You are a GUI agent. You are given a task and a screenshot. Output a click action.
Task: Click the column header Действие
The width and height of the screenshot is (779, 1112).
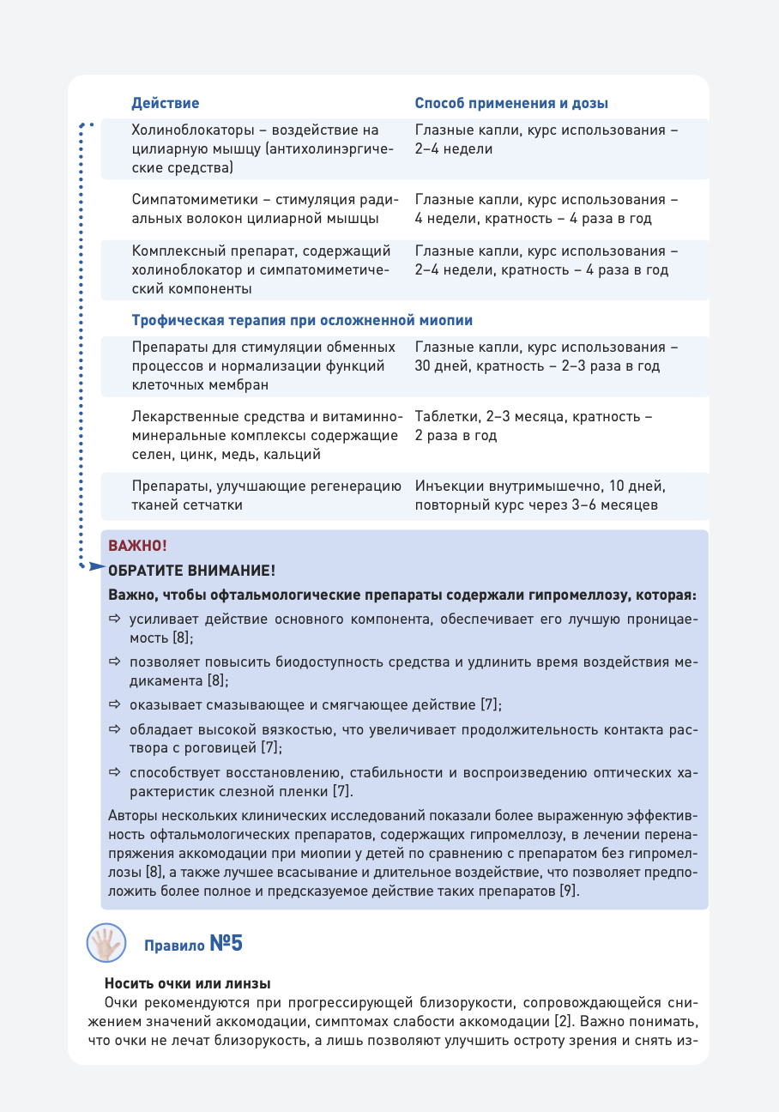165,103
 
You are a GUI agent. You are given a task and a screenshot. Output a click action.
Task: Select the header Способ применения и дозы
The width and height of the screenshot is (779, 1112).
511,103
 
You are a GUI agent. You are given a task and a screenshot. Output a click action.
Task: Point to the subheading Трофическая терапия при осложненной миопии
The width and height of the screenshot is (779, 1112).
302,320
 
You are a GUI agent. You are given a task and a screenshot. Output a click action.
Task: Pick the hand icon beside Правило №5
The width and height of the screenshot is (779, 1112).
106,944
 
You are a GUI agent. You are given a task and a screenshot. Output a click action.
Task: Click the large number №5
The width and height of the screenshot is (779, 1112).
226,944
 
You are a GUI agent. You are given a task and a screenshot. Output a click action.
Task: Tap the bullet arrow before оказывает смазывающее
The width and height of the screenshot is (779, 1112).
115,705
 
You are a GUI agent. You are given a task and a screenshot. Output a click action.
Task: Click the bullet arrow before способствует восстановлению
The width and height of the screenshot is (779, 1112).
115,771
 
